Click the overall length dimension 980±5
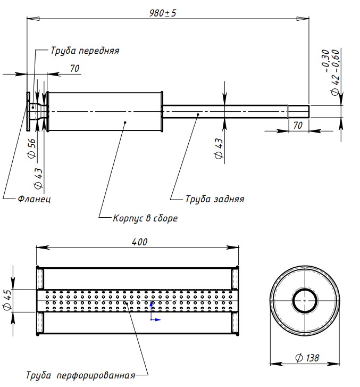163,13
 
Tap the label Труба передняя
85,51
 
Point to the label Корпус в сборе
145,218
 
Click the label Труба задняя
214,199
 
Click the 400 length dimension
139,242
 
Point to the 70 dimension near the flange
74,68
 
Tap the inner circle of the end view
305,300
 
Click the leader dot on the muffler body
125,122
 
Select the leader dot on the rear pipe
198,113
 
